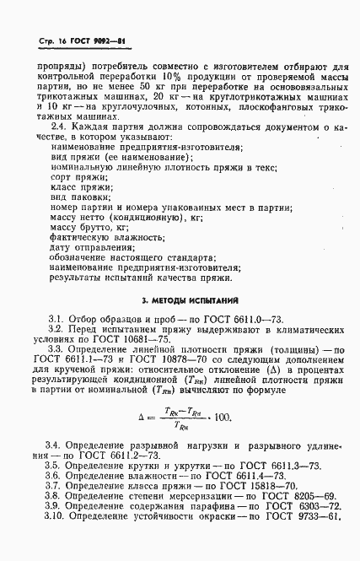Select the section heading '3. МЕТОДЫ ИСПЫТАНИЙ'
(x=180, y=299)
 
